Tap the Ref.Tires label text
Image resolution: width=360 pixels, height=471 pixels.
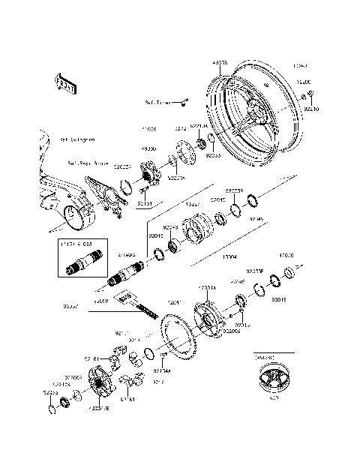[158, 102]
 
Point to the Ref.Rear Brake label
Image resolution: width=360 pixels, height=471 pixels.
[88, 161]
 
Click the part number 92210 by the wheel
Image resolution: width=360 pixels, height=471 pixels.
[313, 109]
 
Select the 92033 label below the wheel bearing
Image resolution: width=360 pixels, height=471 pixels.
[193, 155]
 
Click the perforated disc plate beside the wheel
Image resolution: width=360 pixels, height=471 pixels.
[182, 151]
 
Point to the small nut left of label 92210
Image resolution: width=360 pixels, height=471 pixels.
[303, 96]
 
